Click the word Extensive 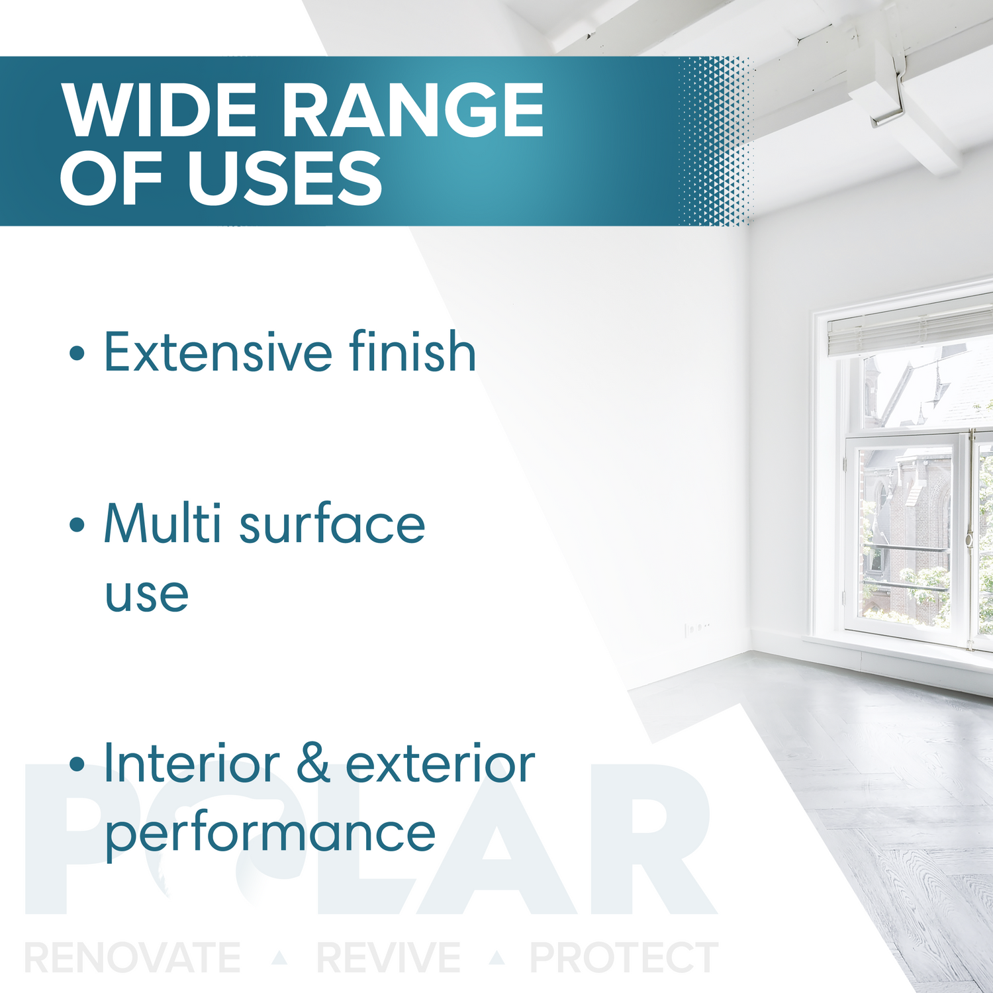[217, 352]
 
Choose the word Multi [162, 524]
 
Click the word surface [332, 524]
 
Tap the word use [147, 594]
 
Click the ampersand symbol [312, 764]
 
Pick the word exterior [440, 764]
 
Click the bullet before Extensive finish [77, 353]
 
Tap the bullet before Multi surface [77, 525]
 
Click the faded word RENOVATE [132, 958]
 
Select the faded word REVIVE [389, 958]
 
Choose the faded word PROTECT [624, 958]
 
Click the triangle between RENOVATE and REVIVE [280, 957]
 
